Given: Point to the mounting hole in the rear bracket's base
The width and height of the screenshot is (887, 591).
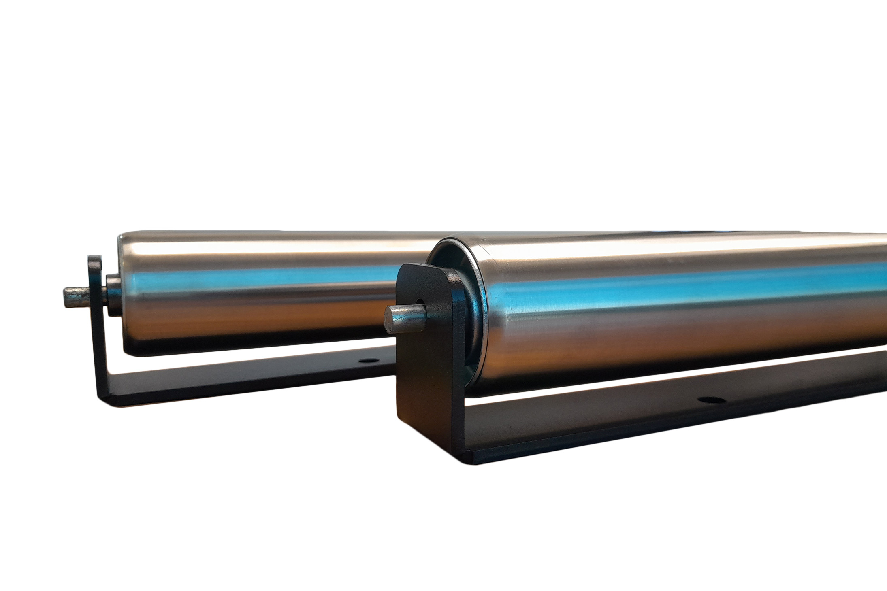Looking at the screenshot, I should pos(368,359).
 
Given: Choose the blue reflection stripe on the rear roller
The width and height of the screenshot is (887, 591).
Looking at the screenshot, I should pos(263,279).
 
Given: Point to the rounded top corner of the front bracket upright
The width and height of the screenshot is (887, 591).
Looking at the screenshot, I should pos(405,271).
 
